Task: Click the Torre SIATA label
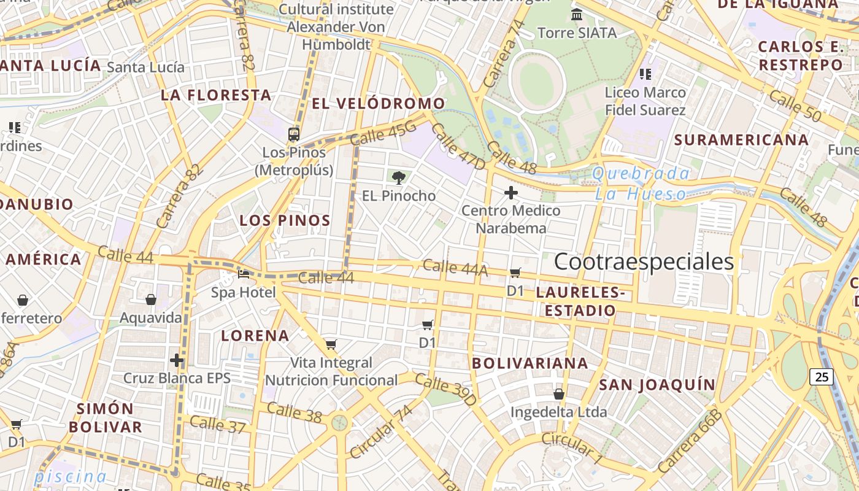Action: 577,33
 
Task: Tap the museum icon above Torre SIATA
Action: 577,14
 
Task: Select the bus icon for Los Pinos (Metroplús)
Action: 294,134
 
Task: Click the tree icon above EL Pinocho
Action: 399,178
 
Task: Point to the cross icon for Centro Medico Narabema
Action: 510,193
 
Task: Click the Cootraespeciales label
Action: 644,261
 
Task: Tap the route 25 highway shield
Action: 822,376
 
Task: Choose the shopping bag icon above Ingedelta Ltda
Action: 558,393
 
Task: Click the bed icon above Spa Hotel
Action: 244,274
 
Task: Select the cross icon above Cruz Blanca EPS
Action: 177,360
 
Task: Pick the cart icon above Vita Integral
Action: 331,344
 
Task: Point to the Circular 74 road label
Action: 381,431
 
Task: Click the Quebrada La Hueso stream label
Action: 641,184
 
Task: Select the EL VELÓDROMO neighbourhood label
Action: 378,103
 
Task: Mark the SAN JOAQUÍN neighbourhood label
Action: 657,385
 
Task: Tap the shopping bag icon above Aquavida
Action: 151,300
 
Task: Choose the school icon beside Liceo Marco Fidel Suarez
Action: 645,74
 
